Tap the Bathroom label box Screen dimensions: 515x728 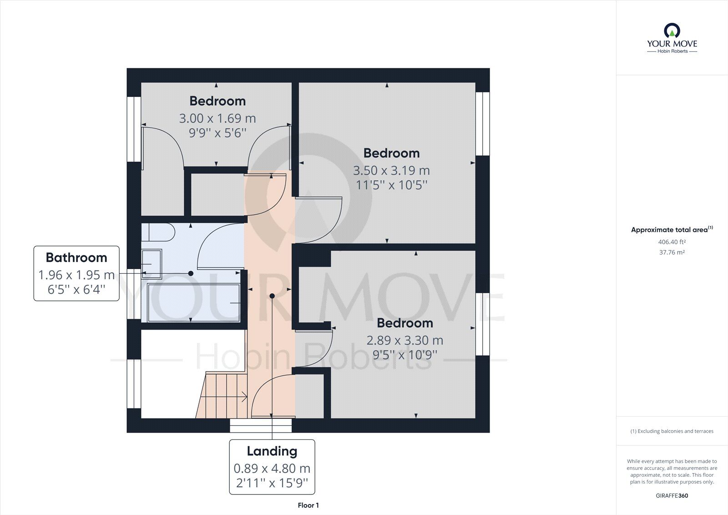pyautogui.click(x=76, y=273)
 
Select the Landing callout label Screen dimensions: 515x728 pyautogui.click(x=272, y=467)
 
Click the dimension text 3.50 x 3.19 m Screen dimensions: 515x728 pyautogui.click(x=391, y=171)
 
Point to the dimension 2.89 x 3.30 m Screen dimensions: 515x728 pyautogui.click(x=404, y=341)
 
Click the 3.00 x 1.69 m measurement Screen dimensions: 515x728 pyautogui.click(x=217, y=119)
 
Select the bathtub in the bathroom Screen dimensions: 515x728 pyautogui.click(x=194, y=302)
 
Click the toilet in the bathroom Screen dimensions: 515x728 pyautogui.click(x=158, y=233)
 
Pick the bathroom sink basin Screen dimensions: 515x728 pyautogui.click(x=152, y=264)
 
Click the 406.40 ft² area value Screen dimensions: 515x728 pyautogui.click(x=672, y=242)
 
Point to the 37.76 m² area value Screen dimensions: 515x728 pyautogui.click(x=672, y=252)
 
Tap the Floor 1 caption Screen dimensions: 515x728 pyautogui.click(x=308, y=505)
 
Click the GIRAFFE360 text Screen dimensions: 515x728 pyautogui.click(x=672, y=495)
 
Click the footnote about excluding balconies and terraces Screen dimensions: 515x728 pyautogui.click(x=672, y=431)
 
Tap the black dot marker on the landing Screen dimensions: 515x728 pyautogui.click(x=272, y=296)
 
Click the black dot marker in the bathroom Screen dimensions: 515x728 pyautogui.click(x=191, y=273)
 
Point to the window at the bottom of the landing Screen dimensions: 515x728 pyautogui.click(x=260, y=425)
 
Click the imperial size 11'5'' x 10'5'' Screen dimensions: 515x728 pyautogui.click(x=391, y=185)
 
